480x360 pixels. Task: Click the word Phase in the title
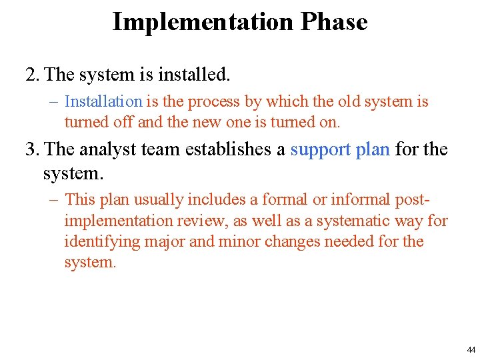point(333,22)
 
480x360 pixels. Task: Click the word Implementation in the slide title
point(203,22)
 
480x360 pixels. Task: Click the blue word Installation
point(103,102)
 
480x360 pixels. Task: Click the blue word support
point(321,149)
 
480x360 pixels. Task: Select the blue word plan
point(373,149)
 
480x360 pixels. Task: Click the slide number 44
point(471,349)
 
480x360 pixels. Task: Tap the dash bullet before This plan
point(54,199)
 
